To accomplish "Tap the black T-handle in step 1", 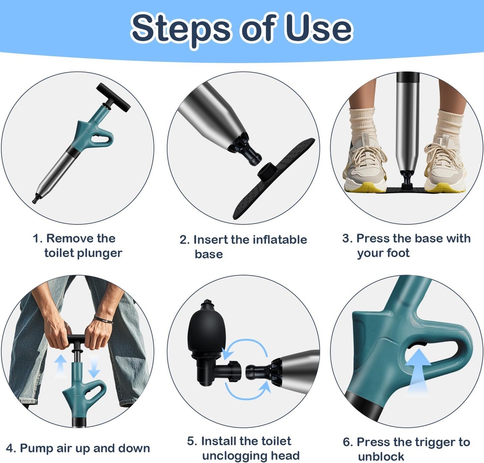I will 113,97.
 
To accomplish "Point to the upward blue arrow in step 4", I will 60,365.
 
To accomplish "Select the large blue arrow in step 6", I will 418,369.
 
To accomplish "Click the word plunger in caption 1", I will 100,253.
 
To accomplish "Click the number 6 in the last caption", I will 347,442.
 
